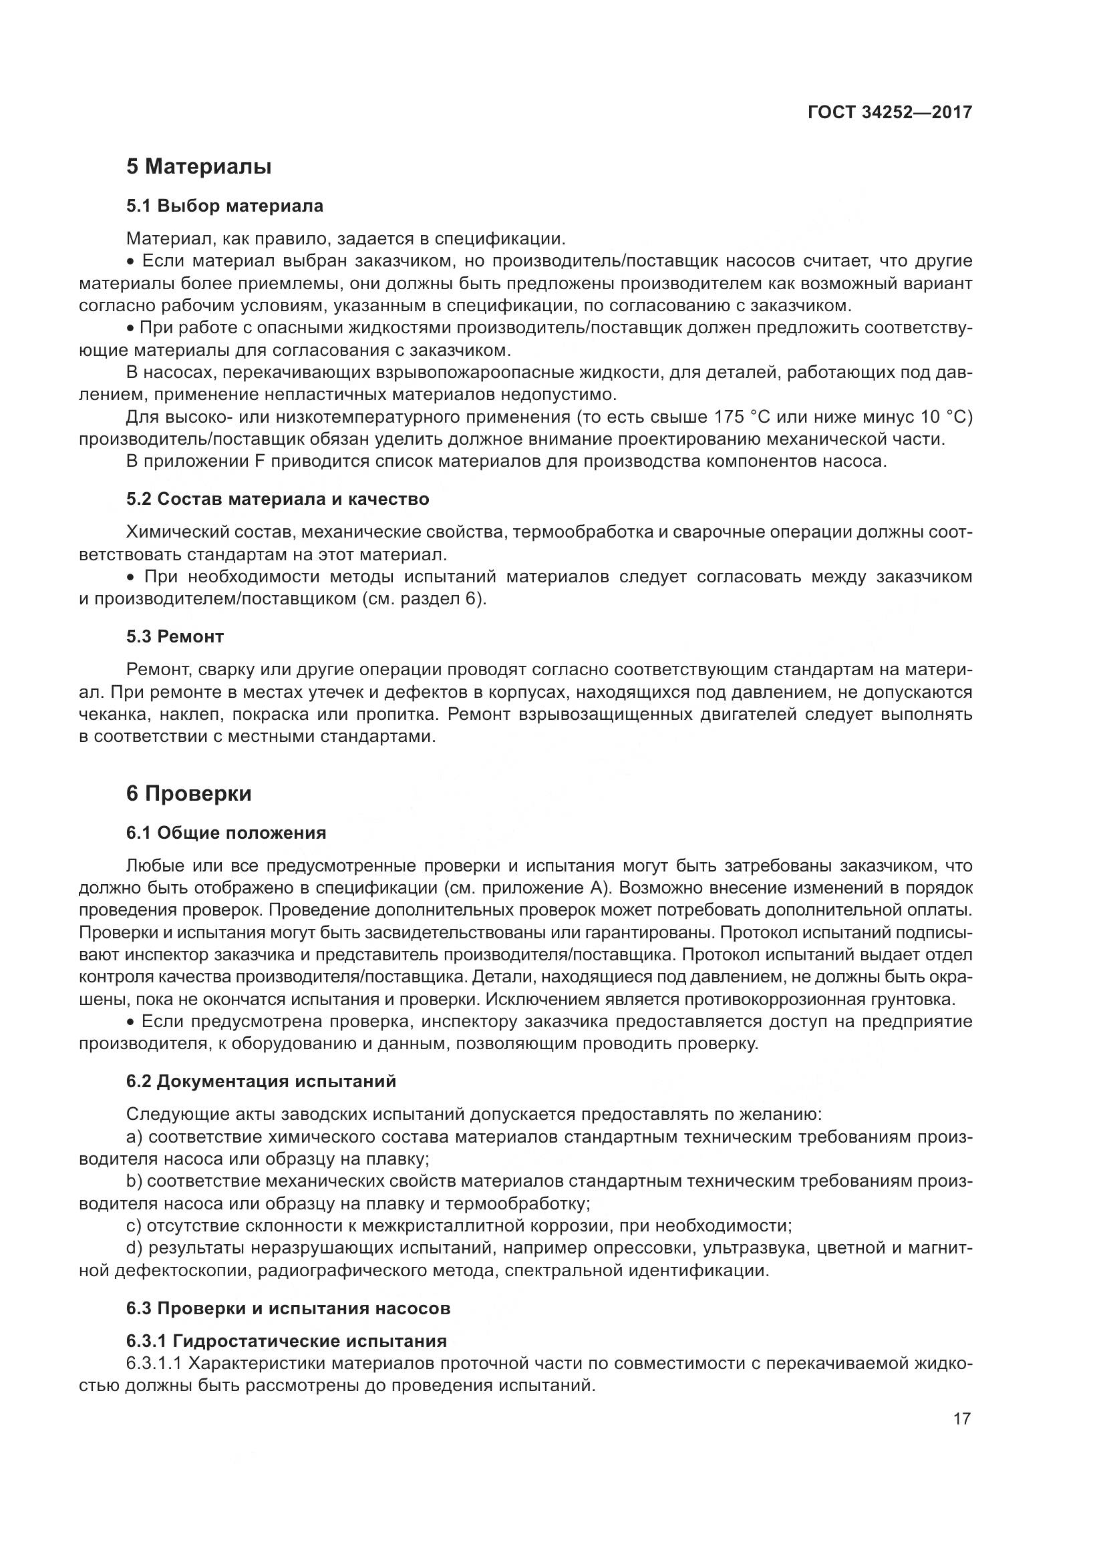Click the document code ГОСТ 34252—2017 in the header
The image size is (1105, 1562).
click(889, 112)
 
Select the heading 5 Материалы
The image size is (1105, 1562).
click(198, 167)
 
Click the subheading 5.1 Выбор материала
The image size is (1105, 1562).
click(224, 206)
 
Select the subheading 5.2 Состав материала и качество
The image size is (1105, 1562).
click(278, 500)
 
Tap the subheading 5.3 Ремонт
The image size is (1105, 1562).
click(175, 637)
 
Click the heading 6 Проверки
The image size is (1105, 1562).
click(188, 793)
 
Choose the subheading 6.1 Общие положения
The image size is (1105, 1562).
click(226, 833)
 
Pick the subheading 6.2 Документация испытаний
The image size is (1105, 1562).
click(261, 1081)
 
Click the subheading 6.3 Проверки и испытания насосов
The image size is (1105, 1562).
click(288, 1308)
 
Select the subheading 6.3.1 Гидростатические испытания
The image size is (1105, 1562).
click(286, 1341)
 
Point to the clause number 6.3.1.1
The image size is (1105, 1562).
click(153, 1364)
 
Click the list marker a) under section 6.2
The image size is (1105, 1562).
click(134, 1137)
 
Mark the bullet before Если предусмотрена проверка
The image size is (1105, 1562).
click(132, 1022)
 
